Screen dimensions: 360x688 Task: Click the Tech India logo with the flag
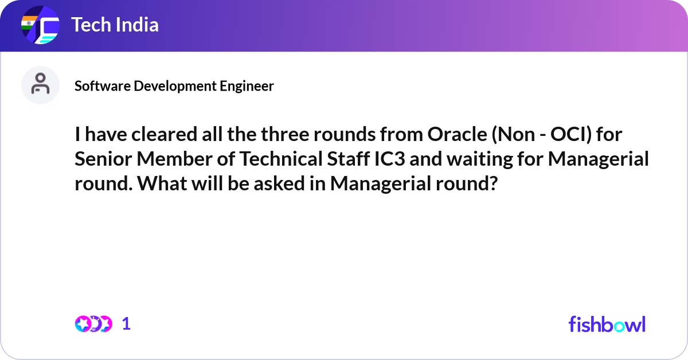click(x=40, y=25)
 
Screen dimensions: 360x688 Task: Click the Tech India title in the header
click(x=115, y=25)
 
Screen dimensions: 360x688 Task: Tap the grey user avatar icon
click(x=40, y=85)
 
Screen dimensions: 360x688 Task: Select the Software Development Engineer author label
click(x=174, y=86)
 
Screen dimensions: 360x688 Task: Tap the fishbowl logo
click(x=607, y=324)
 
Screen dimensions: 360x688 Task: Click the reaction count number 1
click(x=127, y=324)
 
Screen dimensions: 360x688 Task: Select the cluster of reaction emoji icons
click(x=93, y=324)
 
